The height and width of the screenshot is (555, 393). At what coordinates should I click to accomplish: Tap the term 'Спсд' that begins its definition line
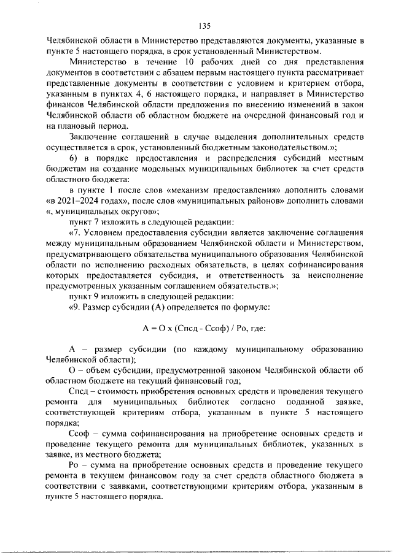pos(79,391)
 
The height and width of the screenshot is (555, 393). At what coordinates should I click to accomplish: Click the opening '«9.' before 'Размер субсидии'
pos(77,306)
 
